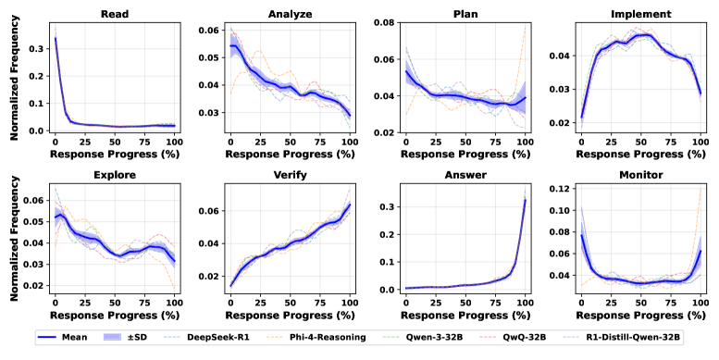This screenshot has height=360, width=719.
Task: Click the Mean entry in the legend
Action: (x=74, y=338)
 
